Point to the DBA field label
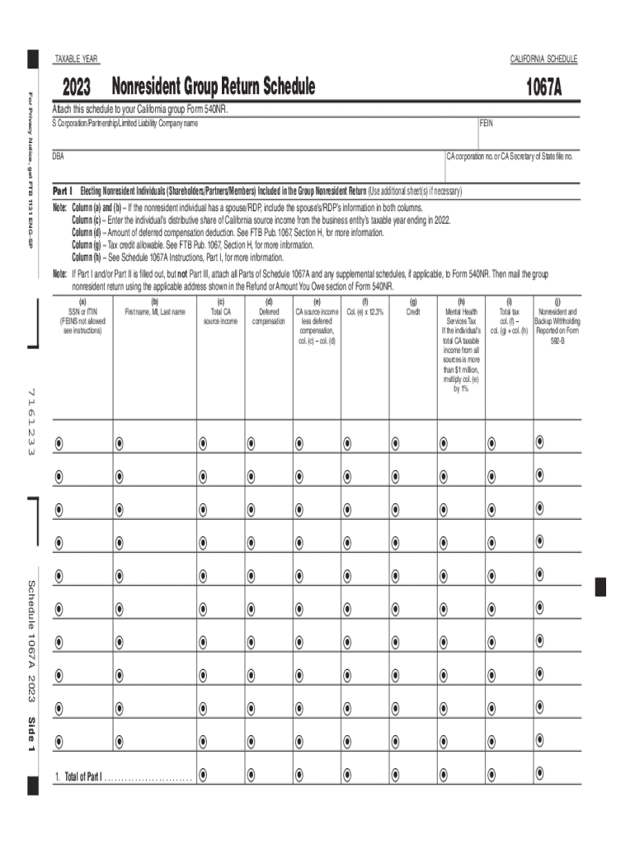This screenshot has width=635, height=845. point(59,155)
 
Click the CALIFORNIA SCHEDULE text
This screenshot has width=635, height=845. point(543,59)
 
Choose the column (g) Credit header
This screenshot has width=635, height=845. point(412,308)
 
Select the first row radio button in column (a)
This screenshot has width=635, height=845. point(59,443)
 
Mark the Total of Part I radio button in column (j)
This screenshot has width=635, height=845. point(539,774)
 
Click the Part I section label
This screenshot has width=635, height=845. point(63,191)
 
